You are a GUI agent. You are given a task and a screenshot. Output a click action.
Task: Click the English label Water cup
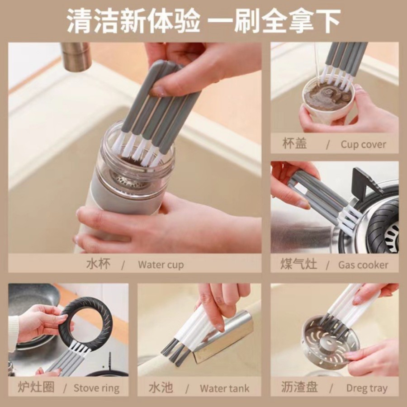[161, 265]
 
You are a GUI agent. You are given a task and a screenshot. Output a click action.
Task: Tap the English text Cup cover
[363, 144]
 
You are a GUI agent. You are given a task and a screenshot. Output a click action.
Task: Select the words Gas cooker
[363, 265]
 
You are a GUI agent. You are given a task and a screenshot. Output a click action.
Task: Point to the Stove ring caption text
[96, 388]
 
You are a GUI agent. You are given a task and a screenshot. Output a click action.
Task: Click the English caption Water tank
[224, 388]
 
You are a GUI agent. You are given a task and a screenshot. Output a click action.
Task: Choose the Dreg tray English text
[367, 388]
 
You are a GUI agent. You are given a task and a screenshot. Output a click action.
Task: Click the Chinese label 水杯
[98, 264]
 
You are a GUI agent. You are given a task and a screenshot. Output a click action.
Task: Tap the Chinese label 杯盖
[294, 143]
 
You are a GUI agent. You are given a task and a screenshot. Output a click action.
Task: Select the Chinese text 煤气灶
[298, 264]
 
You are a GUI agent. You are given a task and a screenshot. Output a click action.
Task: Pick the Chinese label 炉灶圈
[36, 387]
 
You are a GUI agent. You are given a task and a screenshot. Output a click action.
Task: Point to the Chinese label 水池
[161, 388]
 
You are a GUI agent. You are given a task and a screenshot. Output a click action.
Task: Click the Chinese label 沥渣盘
[299, 387]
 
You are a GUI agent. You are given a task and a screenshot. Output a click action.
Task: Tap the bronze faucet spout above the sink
[76, 57]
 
